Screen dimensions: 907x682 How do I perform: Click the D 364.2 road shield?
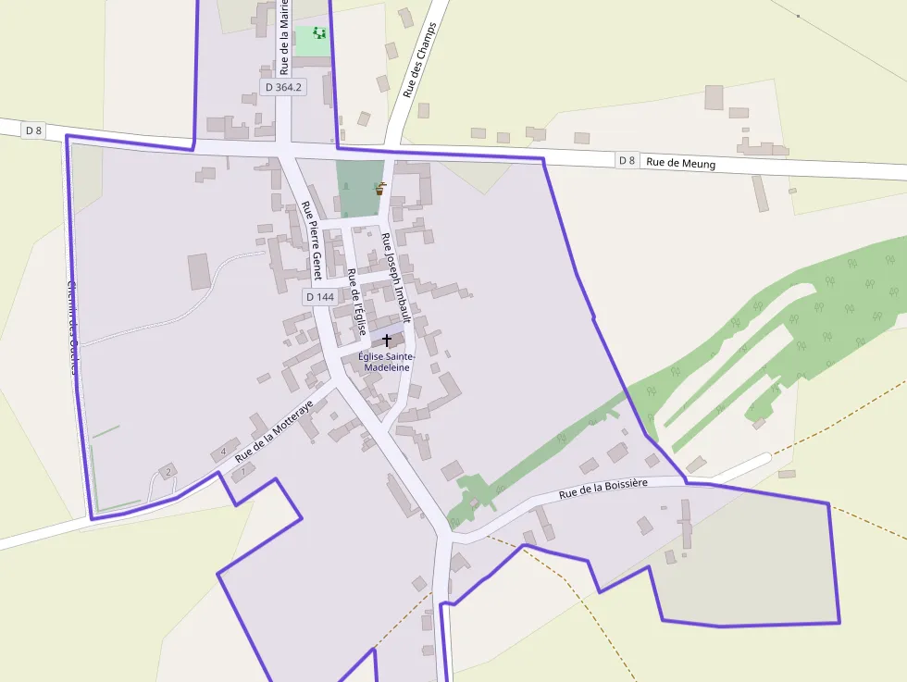click(283, 87)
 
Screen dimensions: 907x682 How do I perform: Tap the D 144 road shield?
click(318, 297)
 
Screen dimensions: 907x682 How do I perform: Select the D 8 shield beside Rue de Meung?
click(627, 160)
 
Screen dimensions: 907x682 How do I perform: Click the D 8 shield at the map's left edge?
click(34, 130)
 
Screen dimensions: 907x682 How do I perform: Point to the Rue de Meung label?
click(680, 163)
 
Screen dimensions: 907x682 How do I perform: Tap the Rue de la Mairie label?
click(284, 37)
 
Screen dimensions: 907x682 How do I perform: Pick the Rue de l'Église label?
click(356, 302)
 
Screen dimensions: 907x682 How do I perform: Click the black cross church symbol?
click(387, 341)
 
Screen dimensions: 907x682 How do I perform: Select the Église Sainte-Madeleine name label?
click(387, 362)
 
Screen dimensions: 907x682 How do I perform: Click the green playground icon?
click(319, 33)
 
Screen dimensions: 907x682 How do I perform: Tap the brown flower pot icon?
click(379, 189)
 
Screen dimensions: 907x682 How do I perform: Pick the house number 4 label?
click(223, 452)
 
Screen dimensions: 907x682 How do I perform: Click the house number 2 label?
click(168, 471)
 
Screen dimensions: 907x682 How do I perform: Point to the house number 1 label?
click(243, 472)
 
